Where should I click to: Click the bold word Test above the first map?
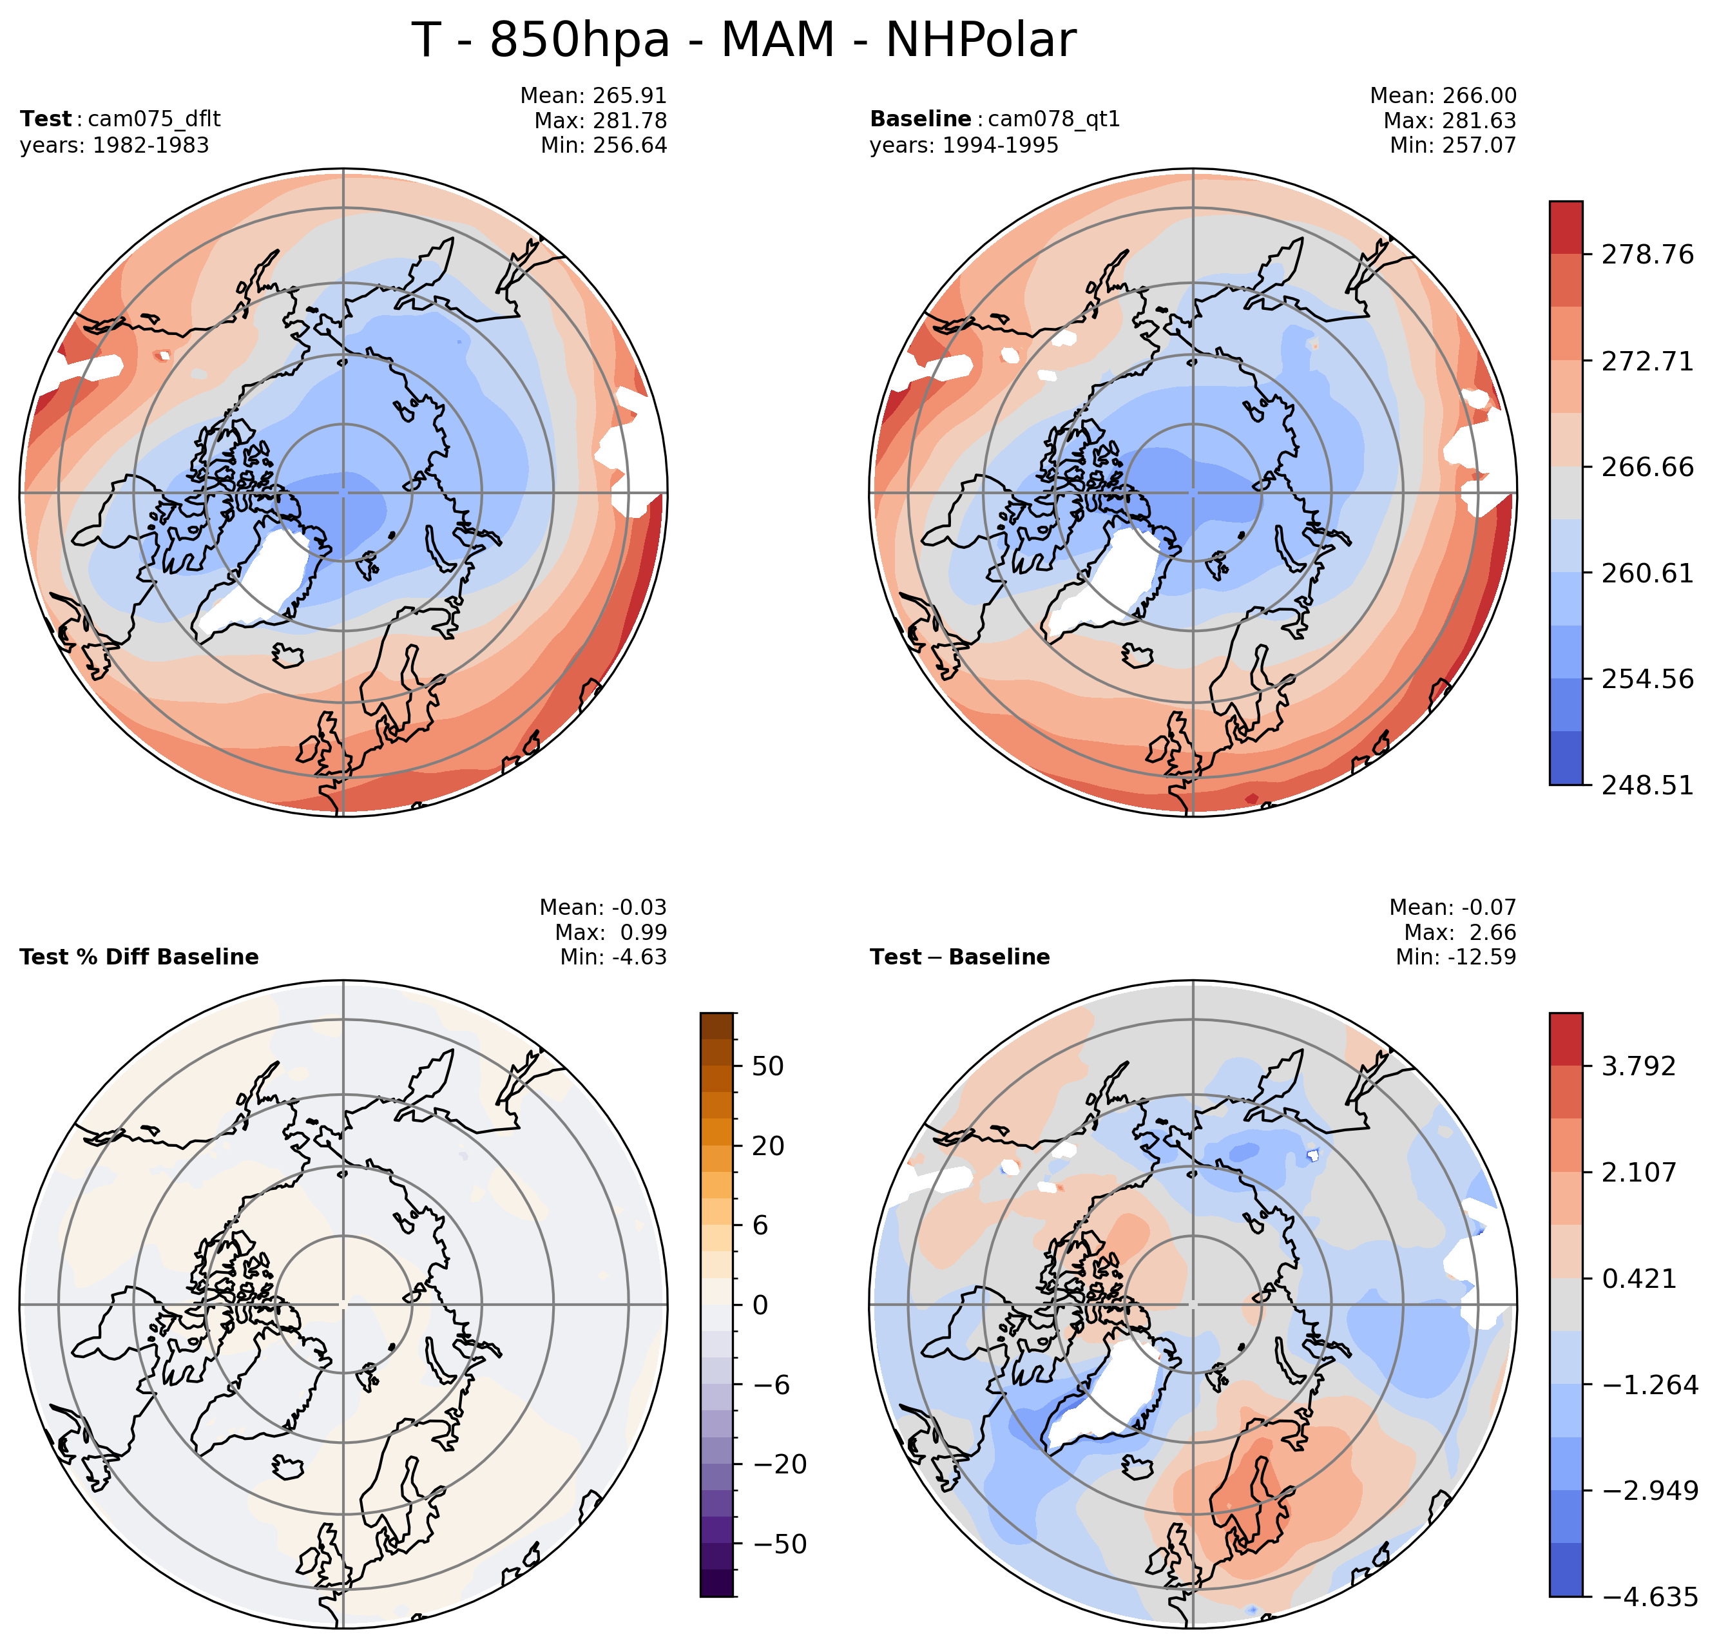(x=46, y=119)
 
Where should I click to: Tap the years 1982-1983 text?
(x=114, y=146)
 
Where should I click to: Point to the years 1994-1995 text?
(x=964, y=146)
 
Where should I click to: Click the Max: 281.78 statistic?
(x=600, y=121)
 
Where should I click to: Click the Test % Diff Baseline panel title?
(x=139, y=957)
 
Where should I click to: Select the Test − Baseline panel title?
(x=959, y=957)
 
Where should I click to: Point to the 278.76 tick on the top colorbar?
(x=1647, y=255)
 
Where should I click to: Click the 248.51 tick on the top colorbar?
(x=1647, y=785)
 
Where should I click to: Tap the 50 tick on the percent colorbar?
(x=767, y=1066)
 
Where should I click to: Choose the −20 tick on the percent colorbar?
(x=780, y=1464)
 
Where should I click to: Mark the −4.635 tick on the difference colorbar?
(x=1649, y=1597)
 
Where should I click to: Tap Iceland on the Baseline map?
(x=1138, y=655)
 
